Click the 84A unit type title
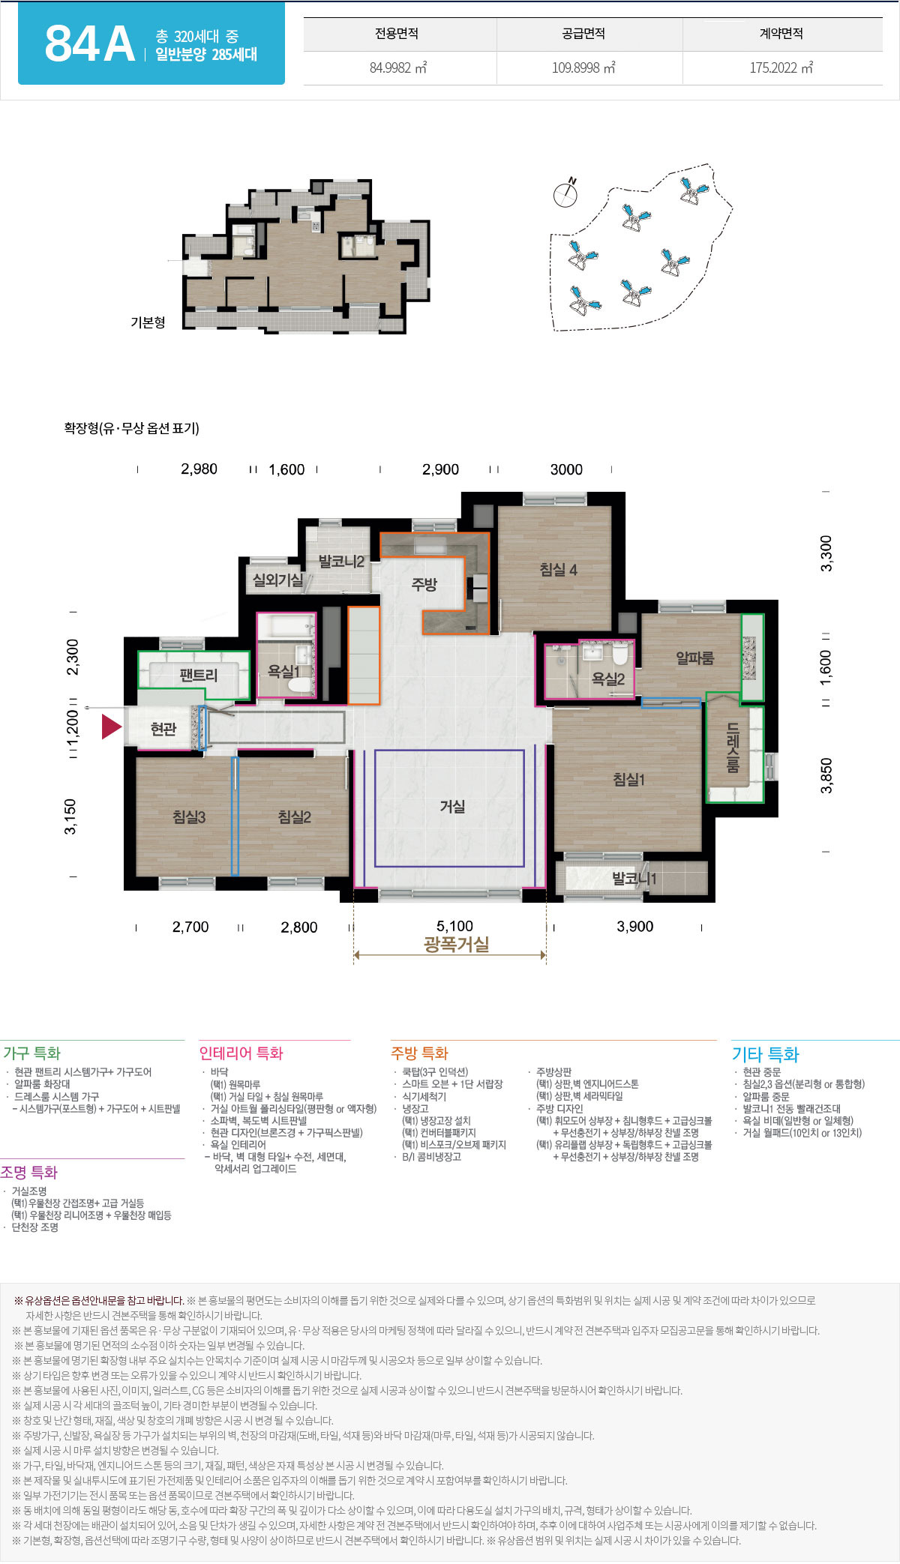89,44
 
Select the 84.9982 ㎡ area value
398,67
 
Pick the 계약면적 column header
781,34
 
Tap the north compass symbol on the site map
566,193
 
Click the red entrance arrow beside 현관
112,727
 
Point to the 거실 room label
452,807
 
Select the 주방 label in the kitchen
424,585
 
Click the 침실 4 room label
558,570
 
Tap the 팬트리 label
199,676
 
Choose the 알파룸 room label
695,658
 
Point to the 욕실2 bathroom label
608,679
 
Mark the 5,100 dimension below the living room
454,927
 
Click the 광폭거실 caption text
456,945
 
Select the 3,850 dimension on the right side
826,776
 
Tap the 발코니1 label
634,879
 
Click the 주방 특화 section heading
419,1053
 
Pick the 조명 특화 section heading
29,1173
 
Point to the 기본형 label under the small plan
148,322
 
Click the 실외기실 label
277,580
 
